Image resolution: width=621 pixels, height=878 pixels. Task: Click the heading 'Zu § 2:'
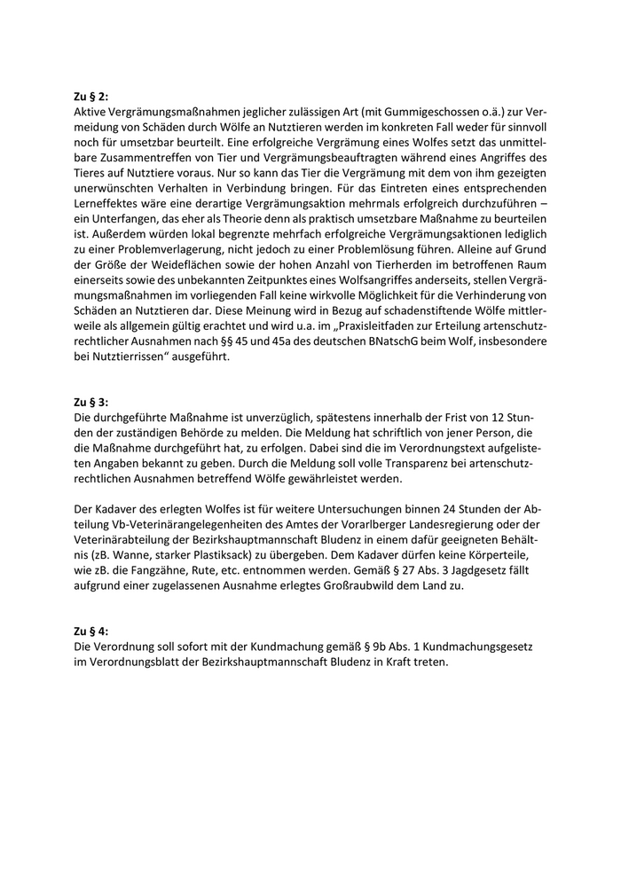pyautogui.click(x=91, y=98)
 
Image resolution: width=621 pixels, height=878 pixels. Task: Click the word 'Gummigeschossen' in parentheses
pyautogui.click(x=404, y=113)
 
